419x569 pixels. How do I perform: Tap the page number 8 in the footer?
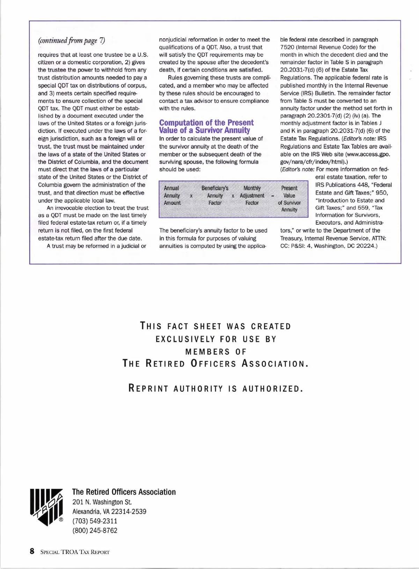click(x=32, y=552)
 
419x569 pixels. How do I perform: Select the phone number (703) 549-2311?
click(x=95, y=521)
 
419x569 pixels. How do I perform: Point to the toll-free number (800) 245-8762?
click(x=95, y=531)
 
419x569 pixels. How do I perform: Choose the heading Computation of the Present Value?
click(x=206, y=126)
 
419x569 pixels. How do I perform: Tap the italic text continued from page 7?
click(x=71, y=40)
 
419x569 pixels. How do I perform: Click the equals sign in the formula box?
click(x=272, y=196)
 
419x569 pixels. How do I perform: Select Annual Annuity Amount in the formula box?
click(x=172, y=195)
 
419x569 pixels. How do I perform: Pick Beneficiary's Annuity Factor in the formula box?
click(x=215, y=195)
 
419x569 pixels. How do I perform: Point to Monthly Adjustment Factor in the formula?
click(x=252, y=195)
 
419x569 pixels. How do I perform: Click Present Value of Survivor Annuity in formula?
click(x=289, y=199)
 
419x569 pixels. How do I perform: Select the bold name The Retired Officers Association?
click(x=124, y=492)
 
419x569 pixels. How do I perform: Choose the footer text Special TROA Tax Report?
click(x=75, y=552)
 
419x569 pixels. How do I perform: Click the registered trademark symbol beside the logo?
click(x=61, y=520)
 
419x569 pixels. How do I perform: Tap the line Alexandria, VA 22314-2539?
click(x=109, y=512)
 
